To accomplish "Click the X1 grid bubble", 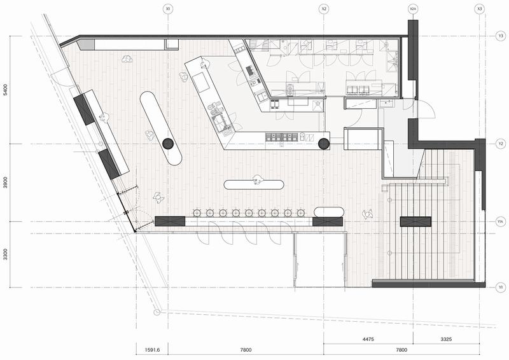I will [168, 9].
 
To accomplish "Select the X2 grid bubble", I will [324, 9].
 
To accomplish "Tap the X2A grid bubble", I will [413, 9].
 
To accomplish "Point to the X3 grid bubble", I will [479, 9].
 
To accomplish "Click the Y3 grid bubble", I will [499, 37].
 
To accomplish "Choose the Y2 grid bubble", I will [499, 144].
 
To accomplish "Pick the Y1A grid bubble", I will [500, 221].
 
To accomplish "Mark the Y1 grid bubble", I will [499, 287].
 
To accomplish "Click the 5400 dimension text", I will [5, 90].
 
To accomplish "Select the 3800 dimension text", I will [5, 183].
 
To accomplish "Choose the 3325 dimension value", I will [446, 339].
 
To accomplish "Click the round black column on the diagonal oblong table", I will [168, 144].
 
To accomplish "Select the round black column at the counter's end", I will [324, 144].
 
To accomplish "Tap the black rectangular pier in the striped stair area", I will [415, 221].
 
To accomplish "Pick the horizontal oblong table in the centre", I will [254, 185].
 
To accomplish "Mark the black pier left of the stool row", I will [169, 221].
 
